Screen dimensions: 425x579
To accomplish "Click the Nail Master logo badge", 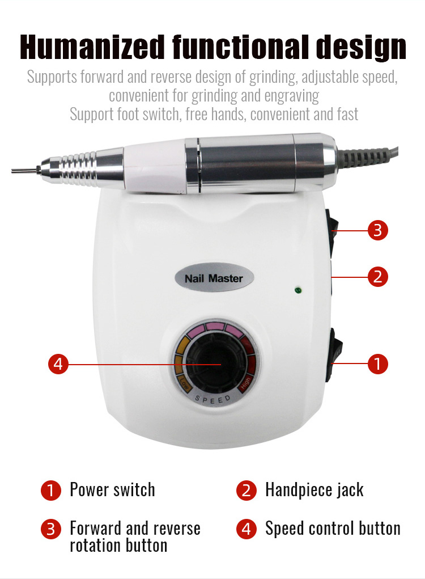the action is [214, 278].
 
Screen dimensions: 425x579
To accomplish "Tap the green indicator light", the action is [298, 290].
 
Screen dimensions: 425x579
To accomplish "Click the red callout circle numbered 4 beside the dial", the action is [58, 364].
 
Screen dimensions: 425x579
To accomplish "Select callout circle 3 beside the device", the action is [378, 230].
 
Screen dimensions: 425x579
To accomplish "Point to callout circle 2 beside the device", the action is [378, 277].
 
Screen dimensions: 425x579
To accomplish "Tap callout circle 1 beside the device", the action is [378, 364].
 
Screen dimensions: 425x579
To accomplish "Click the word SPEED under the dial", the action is [213, 400].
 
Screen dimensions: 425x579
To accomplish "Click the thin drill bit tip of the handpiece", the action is [26, 170].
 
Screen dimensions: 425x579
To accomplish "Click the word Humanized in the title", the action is [92, 47].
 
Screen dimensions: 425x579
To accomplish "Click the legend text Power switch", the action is [113, 490].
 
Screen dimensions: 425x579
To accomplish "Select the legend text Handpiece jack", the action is [314, 490].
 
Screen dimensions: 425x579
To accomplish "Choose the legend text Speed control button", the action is [333, 529].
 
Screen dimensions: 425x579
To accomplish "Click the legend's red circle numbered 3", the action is [50, 529].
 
